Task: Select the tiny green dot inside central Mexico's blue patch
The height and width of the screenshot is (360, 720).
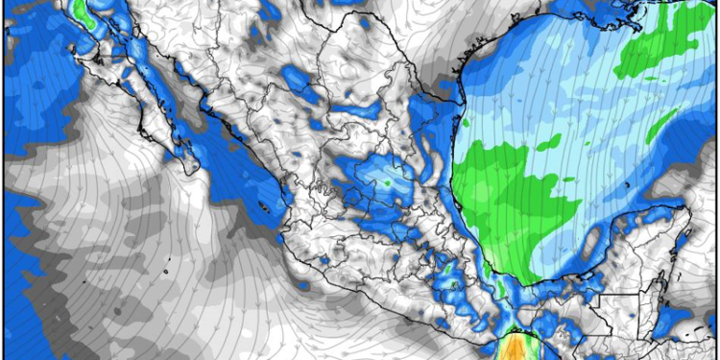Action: point(387,180)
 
